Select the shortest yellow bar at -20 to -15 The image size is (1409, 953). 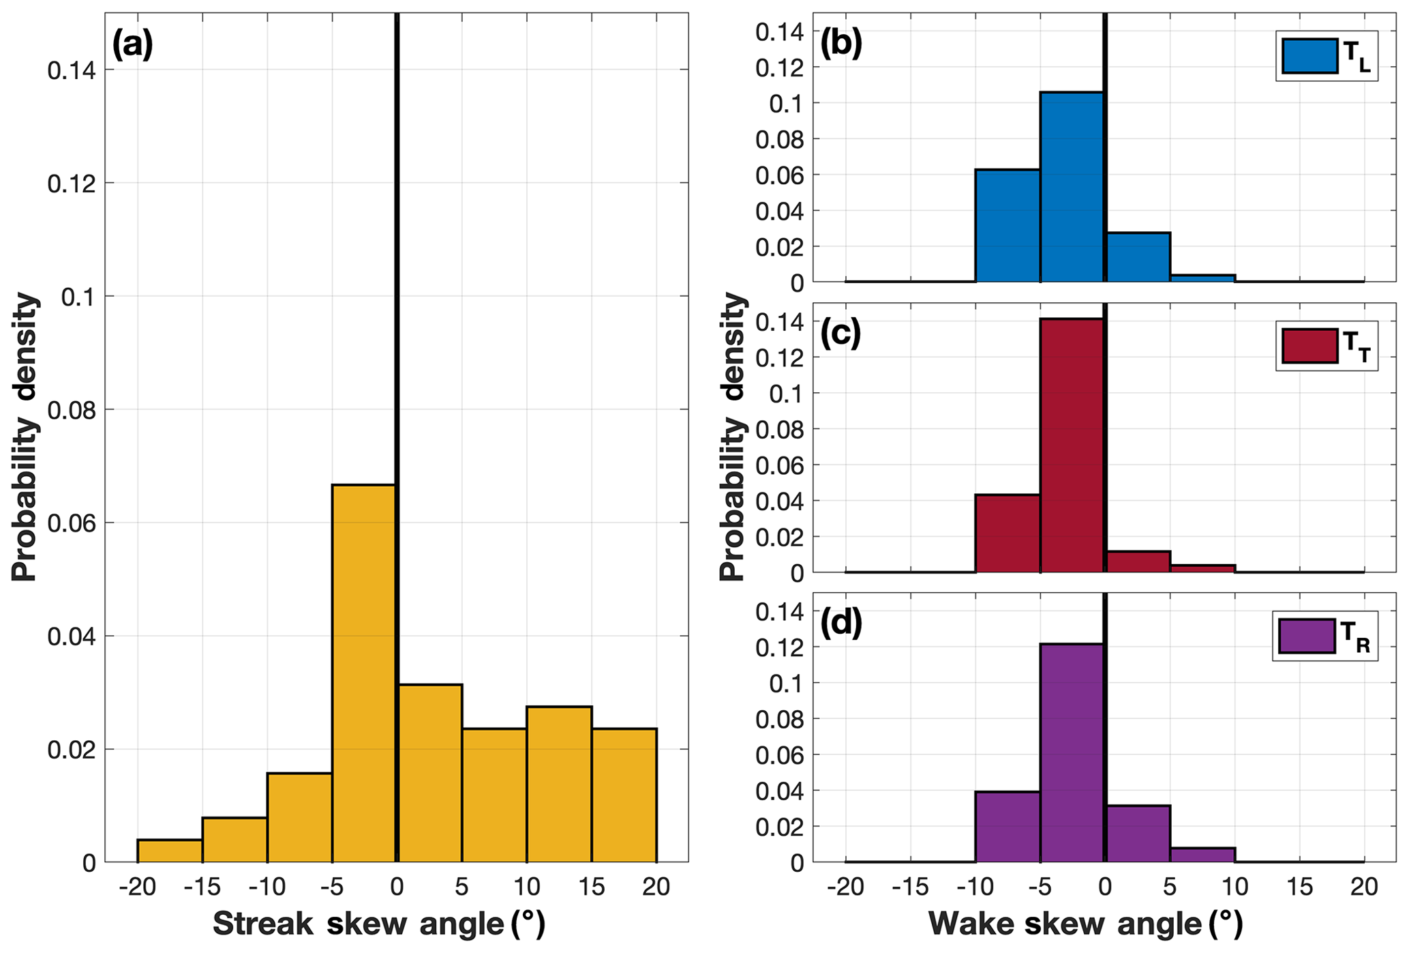[170, 851]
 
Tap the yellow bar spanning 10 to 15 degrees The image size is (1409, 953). [559, 785]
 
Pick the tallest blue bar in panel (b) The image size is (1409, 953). [1072, 187]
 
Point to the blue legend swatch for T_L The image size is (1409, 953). [1309, 56]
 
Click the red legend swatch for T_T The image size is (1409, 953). [1309, 346]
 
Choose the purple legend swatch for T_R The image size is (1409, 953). [1306, 636]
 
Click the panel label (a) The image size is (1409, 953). [132, 46]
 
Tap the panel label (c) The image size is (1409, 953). [840, 334]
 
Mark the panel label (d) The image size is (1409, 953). [840, 624]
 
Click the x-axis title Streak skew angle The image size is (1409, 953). [379, 924]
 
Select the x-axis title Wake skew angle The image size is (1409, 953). [1086, 924]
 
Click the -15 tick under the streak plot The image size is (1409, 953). [202, 887]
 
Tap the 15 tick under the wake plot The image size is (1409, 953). [1299, 887]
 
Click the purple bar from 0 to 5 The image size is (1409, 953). [1137, 834]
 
